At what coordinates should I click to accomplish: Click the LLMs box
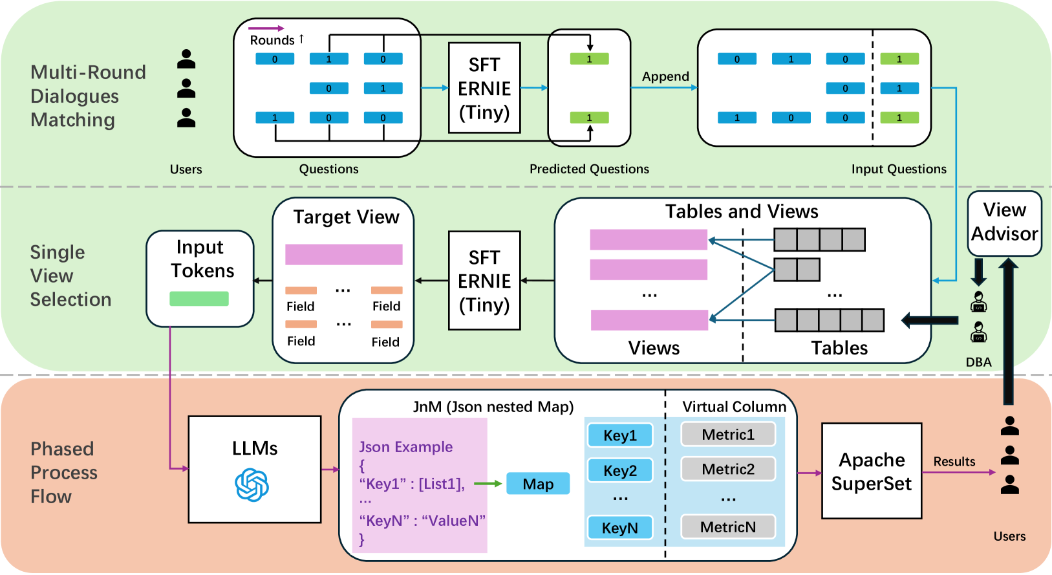tap(255, 469)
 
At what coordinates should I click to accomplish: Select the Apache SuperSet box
tap(871, 471)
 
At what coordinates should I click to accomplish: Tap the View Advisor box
tap(1004, 222)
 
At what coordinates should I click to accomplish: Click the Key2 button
tap(620, 470)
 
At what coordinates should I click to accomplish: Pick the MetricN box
tap(728, 527)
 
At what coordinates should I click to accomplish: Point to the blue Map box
tap(538, 484)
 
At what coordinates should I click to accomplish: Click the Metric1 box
tap(728, 435)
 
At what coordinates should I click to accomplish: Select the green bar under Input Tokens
tap(199, 298)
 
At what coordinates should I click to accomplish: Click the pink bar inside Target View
tap(343, 254)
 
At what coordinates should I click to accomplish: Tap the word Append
tap(665, 76)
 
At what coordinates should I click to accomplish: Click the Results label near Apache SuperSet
tap(954, 461)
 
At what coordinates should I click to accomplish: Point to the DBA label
tap(978, 362)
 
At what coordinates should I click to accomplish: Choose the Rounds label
tap(272, 40)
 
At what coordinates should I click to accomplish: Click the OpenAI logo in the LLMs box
tap(252, 485)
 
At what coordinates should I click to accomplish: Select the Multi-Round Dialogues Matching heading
tap(88, 96)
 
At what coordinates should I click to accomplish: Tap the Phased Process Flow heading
tap(63, 473)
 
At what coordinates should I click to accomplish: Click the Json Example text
tap(405, 447)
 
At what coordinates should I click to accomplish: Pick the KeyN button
tap(619, 528)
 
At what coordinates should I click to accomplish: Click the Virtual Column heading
tap(734, 407)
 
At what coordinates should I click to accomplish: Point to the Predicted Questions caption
tap(589, 169)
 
